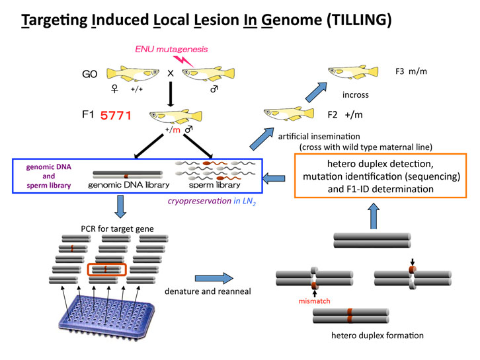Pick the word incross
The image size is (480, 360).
[356, 94]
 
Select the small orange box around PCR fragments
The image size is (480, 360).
[106, 270]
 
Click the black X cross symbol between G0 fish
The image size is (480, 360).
[171, 74]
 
